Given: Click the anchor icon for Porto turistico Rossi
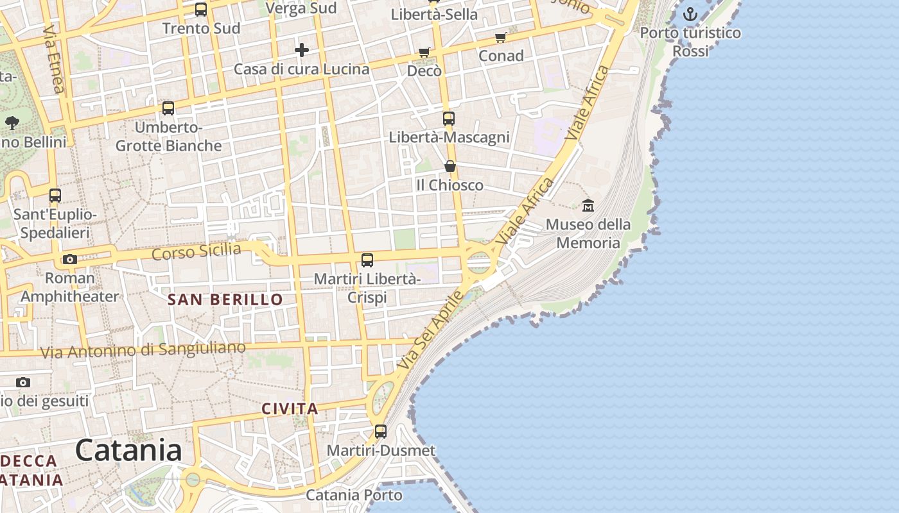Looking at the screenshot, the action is tap(690, 13).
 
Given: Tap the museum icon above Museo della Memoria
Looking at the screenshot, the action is tap(588, 205).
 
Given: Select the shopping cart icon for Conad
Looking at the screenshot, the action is tap(501, 37).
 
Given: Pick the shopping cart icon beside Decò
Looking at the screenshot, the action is tap(424, 52).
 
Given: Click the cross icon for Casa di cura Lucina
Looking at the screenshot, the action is tap(302, 49).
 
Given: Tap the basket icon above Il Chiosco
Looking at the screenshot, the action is tap(450, 166).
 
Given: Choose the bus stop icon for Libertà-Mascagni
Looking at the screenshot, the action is tap(448, 118).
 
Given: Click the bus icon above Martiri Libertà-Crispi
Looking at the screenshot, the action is tap(367, 260).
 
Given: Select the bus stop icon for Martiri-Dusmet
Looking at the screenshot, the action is tap(381, 431).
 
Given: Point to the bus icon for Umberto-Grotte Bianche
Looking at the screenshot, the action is tap(168, 108).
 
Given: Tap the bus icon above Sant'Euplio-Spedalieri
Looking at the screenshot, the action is tap(55, 195).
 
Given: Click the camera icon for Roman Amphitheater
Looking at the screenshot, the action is tap(69, 259).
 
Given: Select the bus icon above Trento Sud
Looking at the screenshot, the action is tap(201, 9).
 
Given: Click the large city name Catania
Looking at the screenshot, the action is tap(128, 450).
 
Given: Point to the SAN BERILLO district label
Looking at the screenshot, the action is tap(225, 299).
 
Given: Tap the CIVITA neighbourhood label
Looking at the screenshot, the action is tap(290, 408).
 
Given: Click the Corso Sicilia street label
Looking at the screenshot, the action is tap(196, 251).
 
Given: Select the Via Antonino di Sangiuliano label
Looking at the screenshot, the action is tap(143, 349).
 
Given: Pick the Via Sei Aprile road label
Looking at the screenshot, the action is tap(430, 330).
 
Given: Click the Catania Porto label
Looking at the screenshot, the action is tap(354, 495).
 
